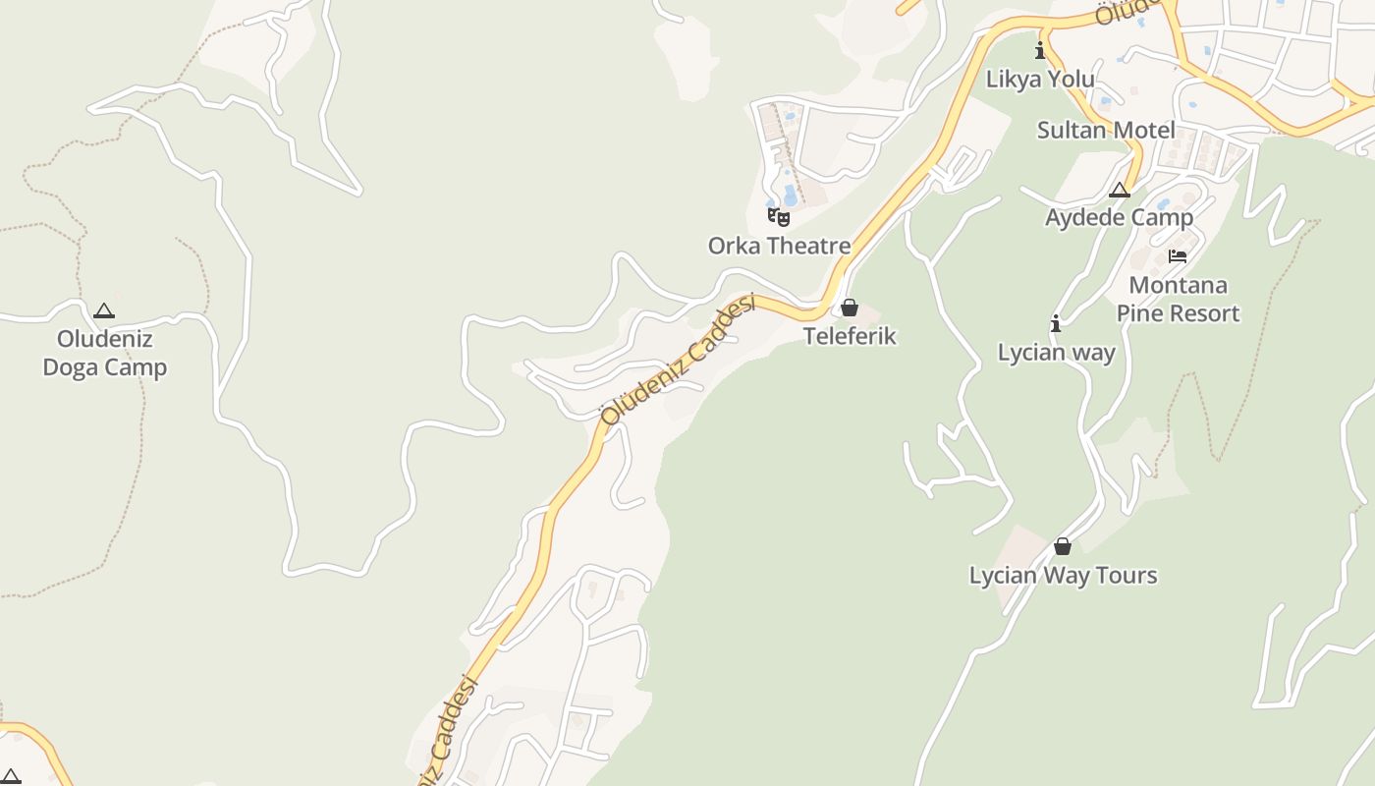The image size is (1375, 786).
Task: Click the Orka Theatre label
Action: point(779,246)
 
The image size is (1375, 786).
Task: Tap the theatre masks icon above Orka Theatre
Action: point(779,216)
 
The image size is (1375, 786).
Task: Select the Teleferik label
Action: point(850,336)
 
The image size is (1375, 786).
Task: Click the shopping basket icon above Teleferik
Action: point(850,308)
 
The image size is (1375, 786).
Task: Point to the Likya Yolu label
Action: point(1040,80)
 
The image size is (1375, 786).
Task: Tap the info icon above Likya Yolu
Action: point(1040,50)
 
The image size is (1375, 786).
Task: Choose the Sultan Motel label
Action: point(1106,130)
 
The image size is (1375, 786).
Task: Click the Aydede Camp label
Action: point(1119,217)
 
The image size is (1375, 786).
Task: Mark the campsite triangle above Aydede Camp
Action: point(1120,190)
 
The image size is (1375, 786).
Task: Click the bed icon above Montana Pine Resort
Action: point(1178,256)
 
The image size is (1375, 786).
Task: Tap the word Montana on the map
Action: point(1178,286)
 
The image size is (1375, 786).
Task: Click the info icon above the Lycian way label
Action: point(1056,323)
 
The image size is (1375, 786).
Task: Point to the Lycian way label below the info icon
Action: point(1056,352)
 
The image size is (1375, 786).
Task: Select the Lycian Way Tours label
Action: point(1063,576)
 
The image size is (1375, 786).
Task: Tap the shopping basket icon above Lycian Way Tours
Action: point(1062,546)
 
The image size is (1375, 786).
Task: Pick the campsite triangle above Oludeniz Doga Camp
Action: point(104,311)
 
